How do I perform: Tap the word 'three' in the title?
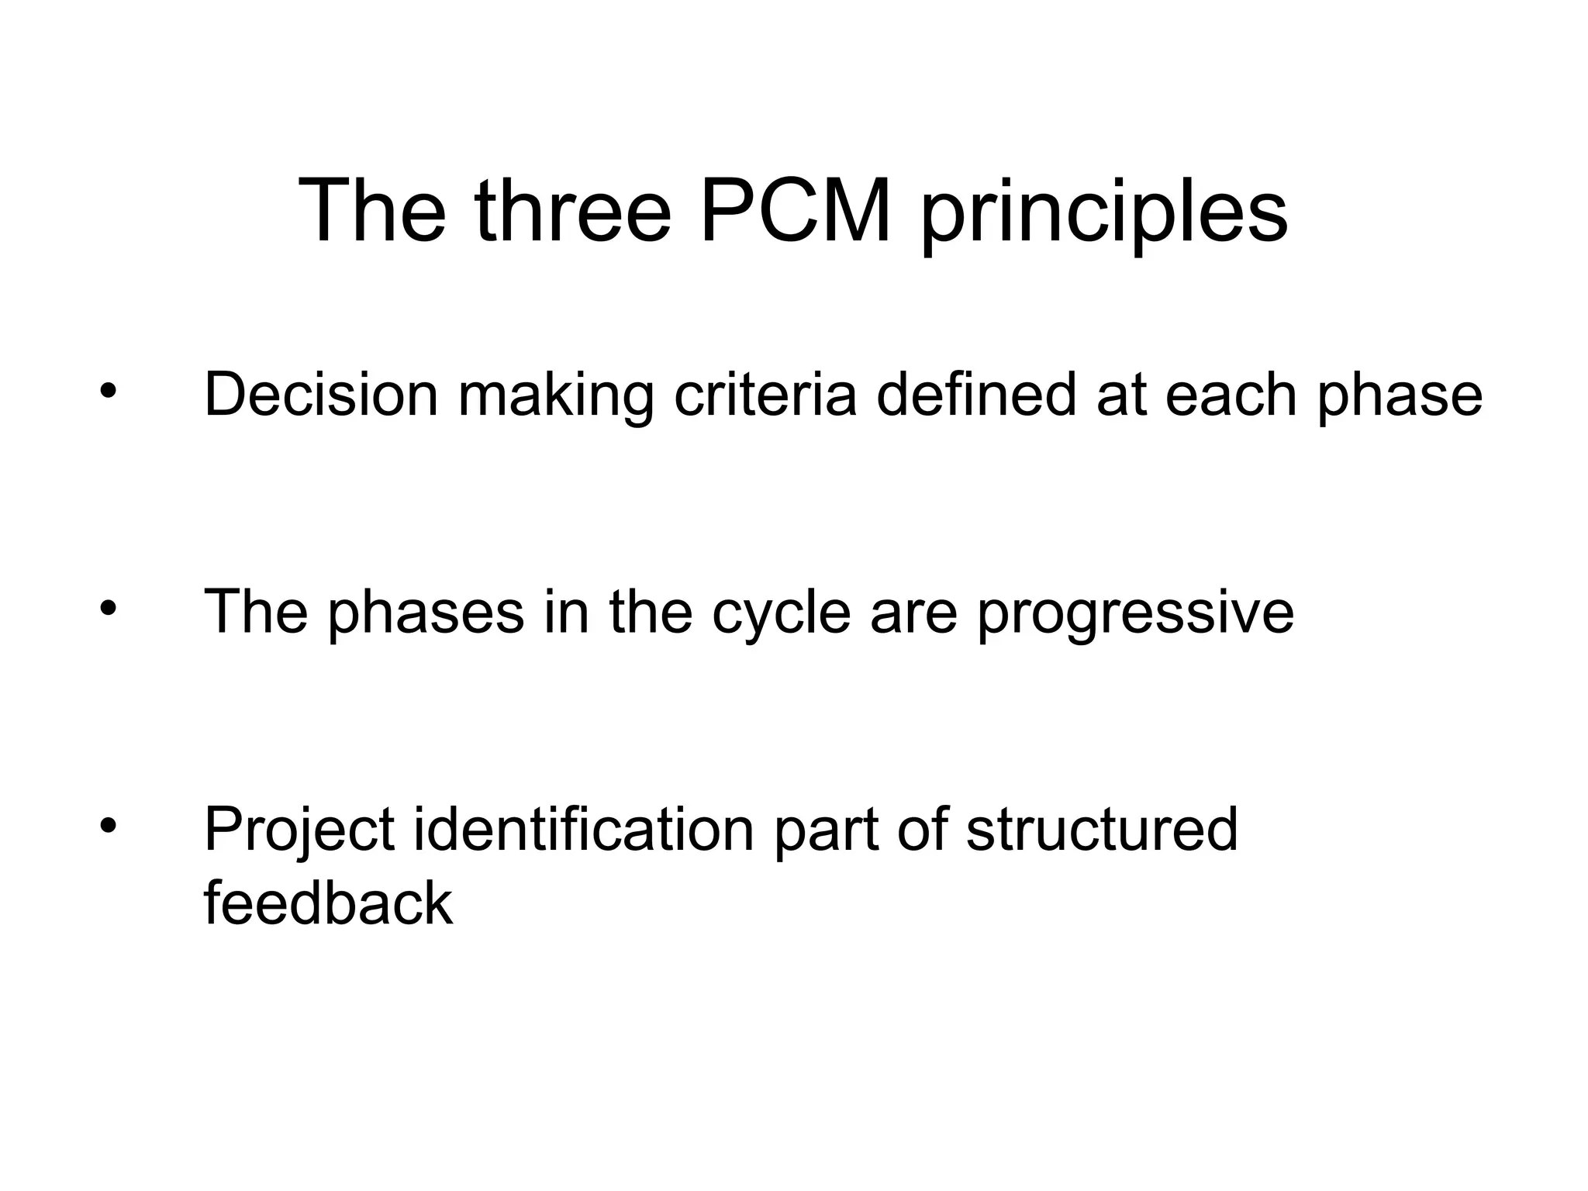(x=574, y=210)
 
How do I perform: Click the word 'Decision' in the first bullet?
(x=321, y=395)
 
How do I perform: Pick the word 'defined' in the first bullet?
(x=976, y=395)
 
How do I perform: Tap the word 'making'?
(x=556, y=399)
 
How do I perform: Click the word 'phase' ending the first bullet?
(x=1400, y=399)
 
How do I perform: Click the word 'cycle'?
(x=781, y=616)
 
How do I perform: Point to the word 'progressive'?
(x=1135, y=616)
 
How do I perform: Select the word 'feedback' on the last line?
(x=328, y=903)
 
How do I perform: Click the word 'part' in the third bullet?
(x=827, y=834)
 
